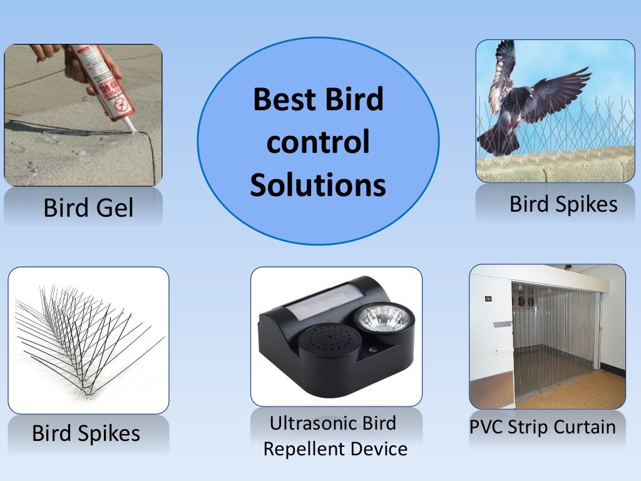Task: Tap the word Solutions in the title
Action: tap(318, 185)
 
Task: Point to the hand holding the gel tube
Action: tap(78, 63)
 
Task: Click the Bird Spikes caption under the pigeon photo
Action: tap(563, 204)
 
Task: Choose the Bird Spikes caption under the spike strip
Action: tap(86, 433)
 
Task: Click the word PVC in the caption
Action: tap(486, 427)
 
